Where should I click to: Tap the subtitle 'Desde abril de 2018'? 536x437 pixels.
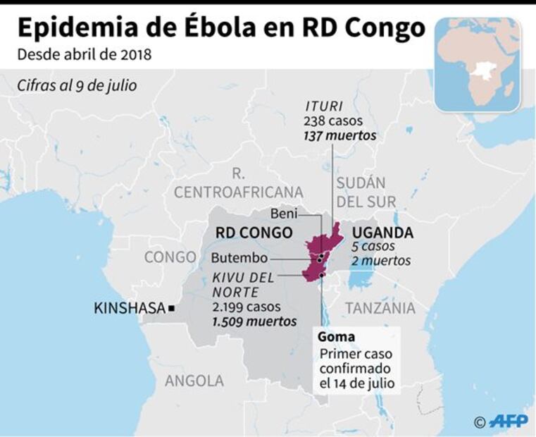click(x=84, y=54)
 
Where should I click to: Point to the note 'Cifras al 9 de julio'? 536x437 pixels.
click(x=77, y=85)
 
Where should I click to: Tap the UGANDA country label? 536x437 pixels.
click(x=382, y=233)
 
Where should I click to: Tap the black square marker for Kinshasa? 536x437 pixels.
click(x=171, y=308)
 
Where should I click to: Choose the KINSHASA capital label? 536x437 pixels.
click(x=129, y=308)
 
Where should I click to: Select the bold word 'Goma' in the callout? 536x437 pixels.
click(x=336, y=336)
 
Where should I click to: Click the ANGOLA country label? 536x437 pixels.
click(x=194, y=381)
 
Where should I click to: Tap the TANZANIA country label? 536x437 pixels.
click(x=380, y=308)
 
